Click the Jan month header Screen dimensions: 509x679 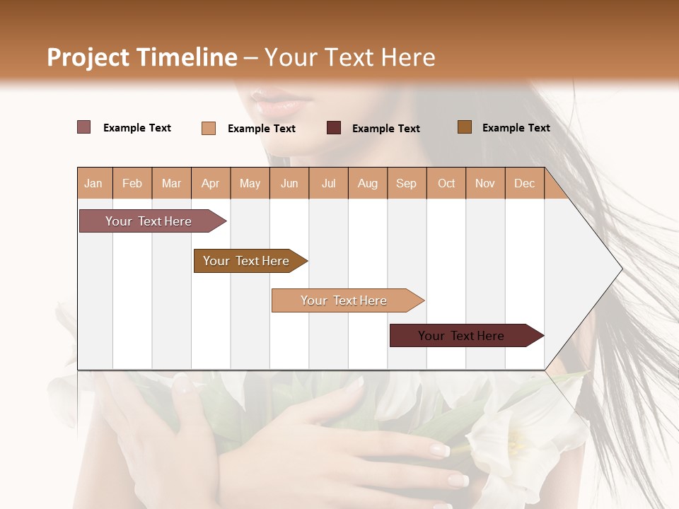pos(93,184)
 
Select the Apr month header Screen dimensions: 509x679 pos(211,184)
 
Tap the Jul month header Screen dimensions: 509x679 pos(328,184)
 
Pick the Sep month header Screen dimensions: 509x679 pos(406,184)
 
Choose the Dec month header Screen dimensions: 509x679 pos(524,184)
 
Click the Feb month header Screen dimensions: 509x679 pos(132,184)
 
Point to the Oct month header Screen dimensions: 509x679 pos(446,184)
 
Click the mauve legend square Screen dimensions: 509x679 pos(84,127)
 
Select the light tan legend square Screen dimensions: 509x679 pos(209,128)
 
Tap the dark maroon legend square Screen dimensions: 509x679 pos(334,128)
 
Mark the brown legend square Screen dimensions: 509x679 pos(465,127)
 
